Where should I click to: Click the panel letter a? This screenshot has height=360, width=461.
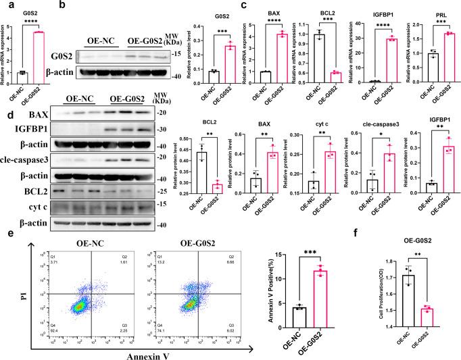[x=5, y=5]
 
